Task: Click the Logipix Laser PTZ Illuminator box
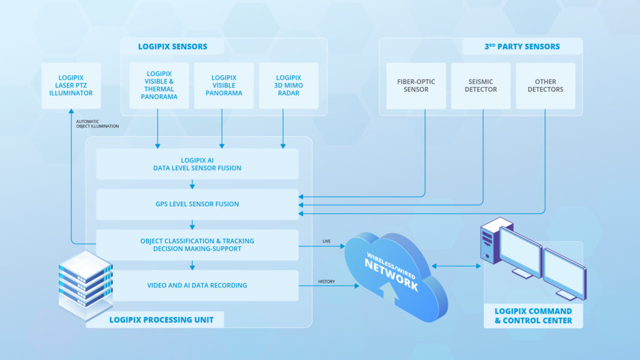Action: tap(71, 85)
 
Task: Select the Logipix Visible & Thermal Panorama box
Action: tap(159, 86)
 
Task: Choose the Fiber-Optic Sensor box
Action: tap(416, 86)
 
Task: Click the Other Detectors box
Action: tap(545, 86)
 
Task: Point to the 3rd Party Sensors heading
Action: tap(522, 46)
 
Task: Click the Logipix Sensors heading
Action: tap(172, 46)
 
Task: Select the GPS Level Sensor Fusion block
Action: tap(197, 204)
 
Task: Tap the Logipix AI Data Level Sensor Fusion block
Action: tap(197, 164)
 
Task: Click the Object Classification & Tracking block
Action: tap(197, 245)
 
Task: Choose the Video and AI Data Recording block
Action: tap(197, 286)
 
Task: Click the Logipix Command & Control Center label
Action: tap(533, 316)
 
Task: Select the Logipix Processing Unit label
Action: tap(161, 320)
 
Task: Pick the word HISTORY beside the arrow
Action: tap(326, 281)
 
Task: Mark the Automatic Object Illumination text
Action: tap(97, 124)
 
